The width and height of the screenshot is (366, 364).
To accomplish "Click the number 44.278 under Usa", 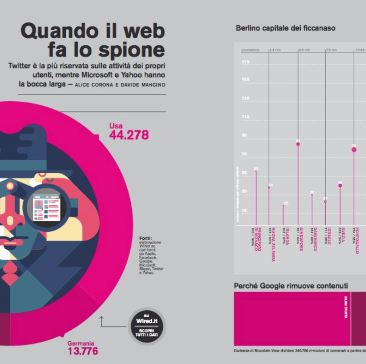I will pyautogui.click(x=129, y=135).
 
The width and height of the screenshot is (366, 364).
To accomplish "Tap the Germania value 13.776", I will pyautogui.click(x=82, y=351).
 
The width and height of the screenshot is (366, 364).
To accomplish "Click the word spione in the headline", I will pyautogui.click(x=129, y=50).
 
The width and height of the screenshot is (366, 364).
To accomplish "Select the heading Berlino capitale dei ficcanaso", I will pyautogui.click(x=285, y=28).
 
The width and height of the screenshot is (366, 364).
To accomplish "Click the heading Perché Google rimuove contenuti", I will pyautogui.click(x=291, y=286).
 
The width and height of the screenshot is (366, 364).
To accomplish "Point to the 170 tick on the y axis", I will pyautogui.click(x=245, y=63).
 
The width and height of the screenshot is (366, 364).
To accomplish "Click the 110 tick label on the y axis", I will pyautogui.click(x=245, y=117).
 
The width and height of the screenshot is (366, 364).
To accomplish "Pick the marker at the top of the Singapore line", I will pyautogui.click(x=298, y=144).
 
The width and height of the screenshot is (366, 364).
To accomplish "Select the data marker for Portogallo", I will pyautogui.click(x=354, y=149).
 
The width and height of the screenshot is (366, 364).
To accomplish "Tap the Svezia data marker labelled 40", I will pyautogui.click(x=340, y=185).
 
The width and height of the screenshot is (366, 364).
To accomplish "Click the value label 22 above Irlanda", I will pyautogui.click(x=286, y=203).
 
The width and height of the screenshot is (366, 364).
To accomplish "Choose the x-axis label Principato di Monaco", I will pyautogui.click(x=256, y=240).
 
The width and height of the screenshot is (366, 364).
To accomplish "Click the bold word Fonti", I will pyautogui.click(x=145, y=238).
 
